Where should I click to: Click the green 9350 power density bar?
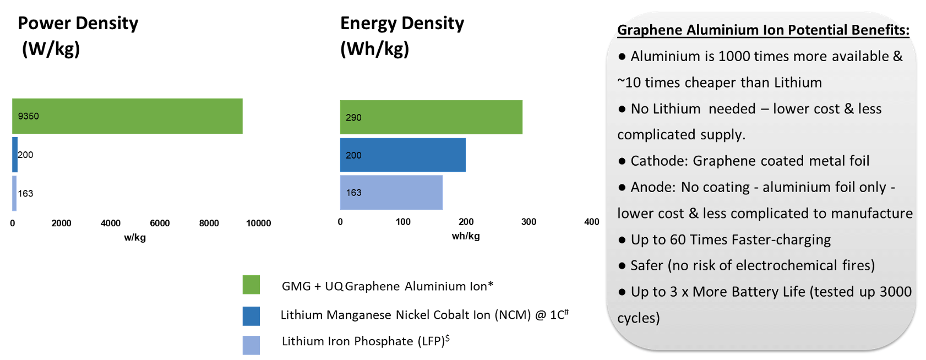[x=127, y=116]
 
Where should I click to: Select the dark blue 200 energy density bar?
[x=402, y=155]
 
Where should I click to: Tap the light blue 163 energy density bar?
[x=391, y=193]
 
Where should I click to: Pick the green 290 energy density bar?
[x=431, y=117]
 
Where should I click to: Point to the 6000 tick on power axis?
[x=160, y=223]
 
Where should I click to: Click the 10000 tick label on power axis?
[x=258, y=223]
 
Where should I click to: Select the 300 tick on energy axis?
[x=529, y=222]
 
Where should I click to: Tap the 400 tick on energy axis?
[x=591, y=222]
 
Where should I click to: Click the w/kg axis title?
[x=135, y=238]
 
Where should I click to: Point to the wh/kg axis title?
[x=466, y=236]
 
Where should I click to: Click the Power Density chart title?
[x=78, y=36]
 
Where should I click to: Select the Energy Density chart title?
[x=402, y=36]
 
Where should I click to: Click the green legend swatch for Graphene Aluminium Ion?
[x=251, y=285]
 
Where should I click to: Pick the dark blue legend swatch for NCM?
[x=251, y=316]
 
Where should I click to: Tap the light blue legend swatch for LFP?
[x=251, y=345]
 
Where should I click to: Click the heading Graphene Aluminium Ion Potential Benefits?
[x=763, y=30]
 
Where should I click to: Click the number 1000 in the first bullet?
[x=734, y=56]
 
